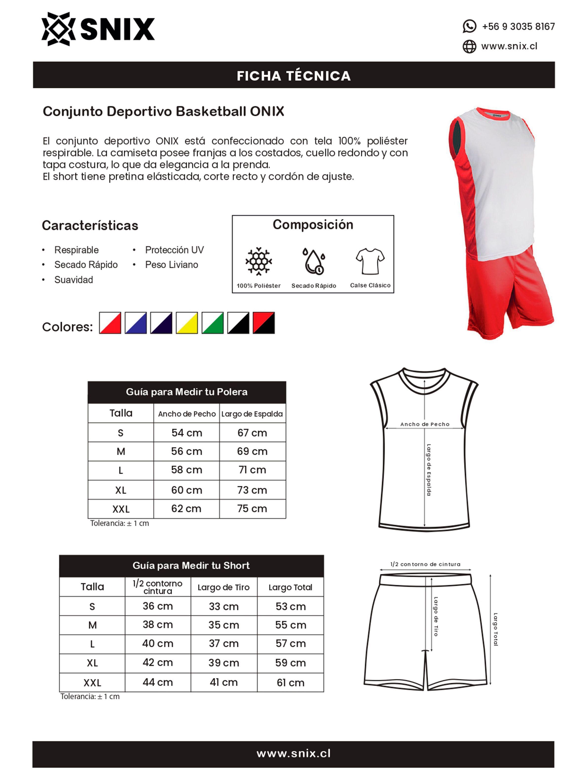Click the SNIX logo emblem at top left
coord(58,29)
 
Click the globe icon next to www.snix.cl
coord(469,46)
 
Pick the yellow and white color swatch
coord(186,323)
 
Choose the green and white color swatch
coord(212,323)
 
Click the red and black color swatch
coord(263,323)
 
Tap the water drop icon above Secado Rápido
coord(313,261)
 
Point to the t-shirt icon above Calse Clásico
coord(370,261)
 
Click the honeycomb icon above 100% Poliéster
coord(258,261)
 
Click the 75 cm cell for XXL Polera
coord(252,509)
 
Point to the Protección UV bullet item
coord(174,250)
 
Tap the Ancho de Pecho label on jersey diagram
coord(425,424)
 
